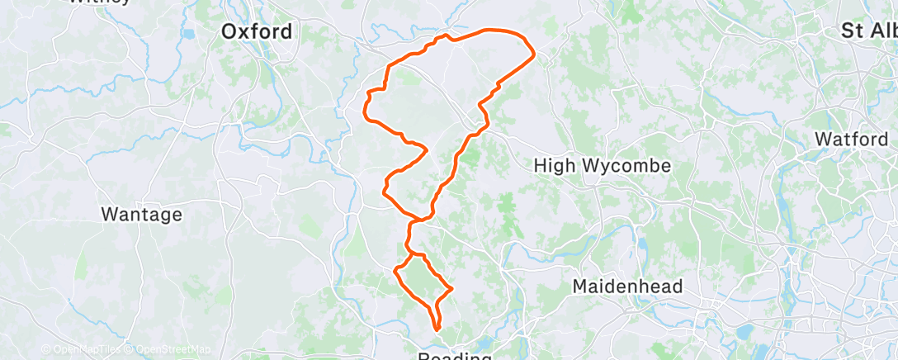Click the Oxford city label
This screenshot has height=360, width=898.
pos(257,32)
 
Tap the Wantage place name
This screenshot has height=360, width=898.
pos(141,215)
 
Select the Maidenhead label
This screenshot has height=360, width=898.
pos(628,287)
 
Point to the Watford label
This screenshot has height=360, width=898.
pos(851,140)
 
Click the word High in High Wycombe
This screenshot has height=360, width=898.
pos(553,166)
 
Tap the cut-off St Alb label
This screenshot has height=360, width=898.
pos(868,31)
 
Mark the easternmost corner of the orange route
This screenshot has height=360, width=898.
pos(535,54)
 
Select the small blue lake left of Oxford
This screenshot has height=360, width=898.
pos(189,35)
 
